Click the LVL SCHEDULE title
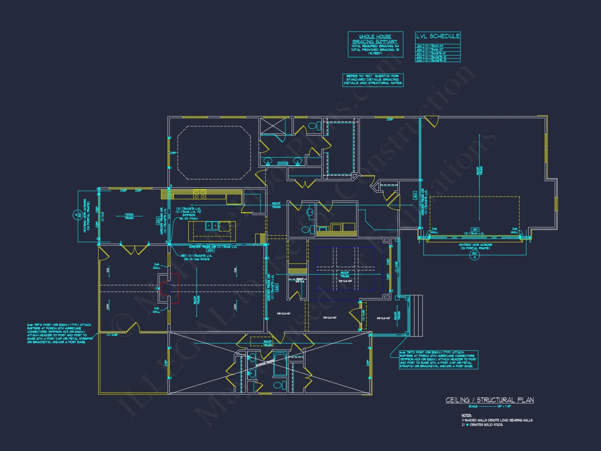coord(438,36)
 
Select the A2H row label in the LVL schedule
coord(419,50)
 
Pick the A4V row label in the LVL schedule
coord(419,60)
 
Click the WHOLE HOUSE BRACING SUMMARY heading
coord(375,39)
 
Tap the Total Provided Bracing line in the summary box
coord(375,50)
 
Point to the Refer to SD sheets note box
coord(373,80)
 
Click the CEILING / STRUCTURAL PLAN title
coord(490,400)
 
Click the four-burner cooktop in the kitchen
coord(200,194)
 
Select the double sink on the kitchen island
coord(212,226)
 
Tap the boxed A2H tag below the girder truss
coord(211,250)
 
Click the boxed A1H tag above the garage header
coord(475,229)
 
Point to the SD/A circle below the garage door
coord(474,255)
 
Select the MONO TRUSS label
coord(129,216)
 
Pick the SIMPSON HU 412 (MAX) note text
coord(189,217)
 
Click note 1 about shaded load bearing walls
coord(497,420)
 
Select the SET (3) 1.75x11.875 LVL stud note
coord(197,257)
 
